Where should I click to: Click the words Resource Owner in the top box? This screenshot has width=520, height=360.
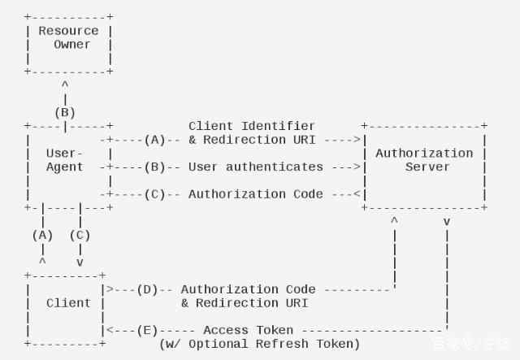tap(69, 37)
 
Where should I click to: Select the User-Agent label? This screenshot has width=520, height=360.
tap(64, 160)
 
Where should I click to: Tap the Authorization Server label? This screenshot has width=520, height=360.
tap(423, 160)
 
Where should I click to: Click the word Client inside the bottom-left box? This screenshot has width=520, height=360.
tap(68, 303)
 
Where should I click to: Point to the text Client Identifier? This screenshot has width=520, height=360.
tap(251, 126)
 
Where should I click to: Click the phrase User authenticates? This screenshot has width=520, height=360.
tap(255, 167)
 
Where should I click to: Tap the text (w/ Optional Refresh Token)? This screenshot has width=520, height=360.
tap(259, 344)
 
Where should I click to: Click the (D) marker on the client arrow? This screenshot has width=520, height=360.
tap(147, 289)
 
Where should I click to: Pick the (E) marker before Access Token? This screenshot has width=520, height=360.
tap(147, 330)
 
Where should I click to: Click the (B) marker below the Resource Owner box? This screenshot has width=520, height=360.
tap(65, 112)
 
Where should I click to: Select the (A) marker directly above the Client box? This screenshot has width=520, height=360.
tap(42, 235)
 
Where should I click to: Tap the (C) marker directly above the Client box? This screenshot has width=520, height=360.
tap(80, 235)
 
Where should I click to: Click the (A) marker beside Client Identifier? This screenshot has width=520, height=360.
tap(154, 140)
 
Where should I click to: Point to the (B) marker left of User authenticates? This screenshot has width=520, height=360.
tap(154, 167)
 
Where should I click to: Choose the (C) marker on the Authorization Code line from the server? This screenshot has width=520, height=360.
tap(154, 194)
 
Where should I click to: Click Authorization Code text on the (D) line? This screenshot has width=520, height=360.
tap(248, 289)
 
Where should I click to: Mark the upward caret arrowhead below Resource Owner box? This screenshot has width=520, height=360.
tap(65, 85)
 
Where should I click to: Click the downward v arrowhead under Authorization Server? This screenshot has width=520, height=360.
tap(446, 221)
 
